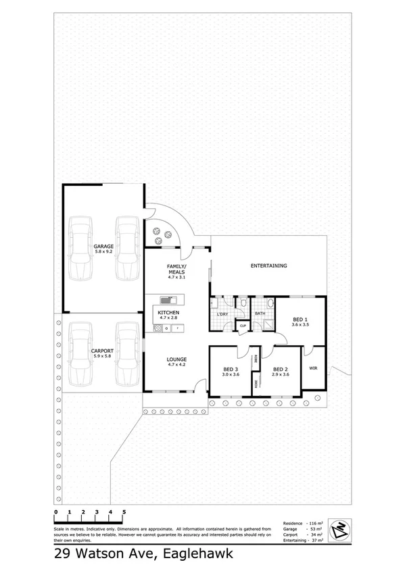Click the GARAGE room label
click(x=103, y=247)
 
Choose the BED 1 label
click(x=301, y=319)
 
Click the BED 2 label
click(x=281, y=369)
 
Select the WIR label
click(x=313, y=368)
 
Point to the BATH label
click(x=260, y=314)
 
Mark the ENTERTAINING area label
click(x=268, y=266)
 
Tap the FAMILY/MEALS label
click(x=176, y=269)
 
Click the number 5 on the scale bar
click(x=124, y=512)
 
